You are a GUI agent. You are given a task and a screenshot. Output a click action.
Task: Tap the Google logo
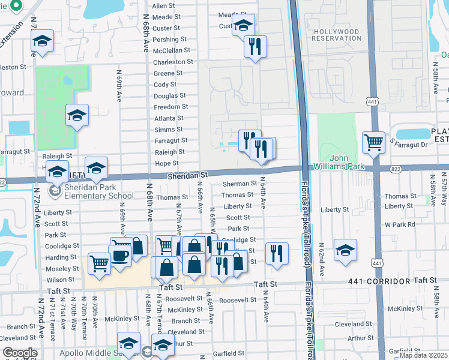tap(20, 353)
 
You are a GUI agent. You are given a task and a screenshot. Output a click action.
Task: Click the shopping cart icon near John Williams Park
tap(373, 143)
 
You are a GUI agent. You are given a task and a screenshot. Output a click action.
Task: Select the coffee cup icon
tap(120, 256)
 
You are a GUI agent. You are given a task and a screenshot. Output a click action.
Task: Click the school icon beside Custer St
tap(243, 26)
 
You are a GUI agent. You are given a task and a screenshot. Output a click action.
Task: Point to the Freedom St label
tap(169, 107)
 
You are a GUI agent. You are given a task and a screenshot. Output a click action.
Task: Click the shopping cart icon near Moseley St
tap(99, 262)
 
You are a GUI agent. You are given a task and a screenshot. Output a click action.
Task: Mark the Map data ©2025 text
tap(424, 355)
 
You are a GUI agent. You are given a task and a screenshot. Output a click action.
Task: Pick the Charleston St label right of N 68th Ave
tap(173, 62)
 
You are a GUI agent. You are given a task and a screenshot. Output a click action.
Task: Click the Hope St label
tap(167, 163)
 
